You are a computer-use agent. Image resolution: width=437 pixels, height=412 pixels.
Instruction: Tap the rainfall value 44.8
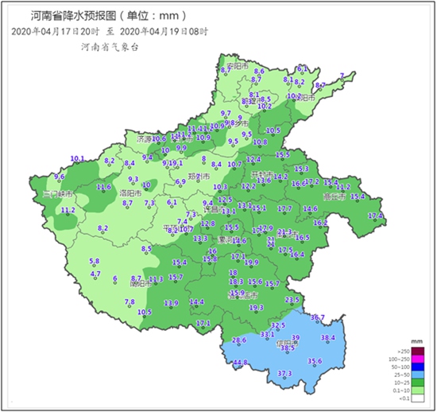(240, 363)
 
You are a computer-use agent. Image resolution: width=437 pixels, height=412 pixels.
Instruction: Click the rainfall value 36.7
(318, 317)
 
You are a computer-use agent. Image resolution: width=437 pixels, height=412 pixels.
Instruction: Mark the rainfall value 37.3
(284, 373)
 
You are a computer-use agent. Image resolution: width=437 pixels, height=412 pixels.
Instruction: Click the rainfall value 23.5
(292, 299)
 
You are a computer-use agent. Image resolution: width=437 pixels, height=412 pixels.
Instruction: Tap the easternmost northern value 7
(342, 76)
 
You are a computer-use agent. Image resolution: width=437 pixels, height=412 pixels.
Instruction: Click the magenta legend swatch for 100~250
(418, 360)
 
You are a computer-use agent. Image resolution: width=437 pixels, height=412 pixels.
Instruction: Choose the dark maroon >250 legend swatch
(418, 352)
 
